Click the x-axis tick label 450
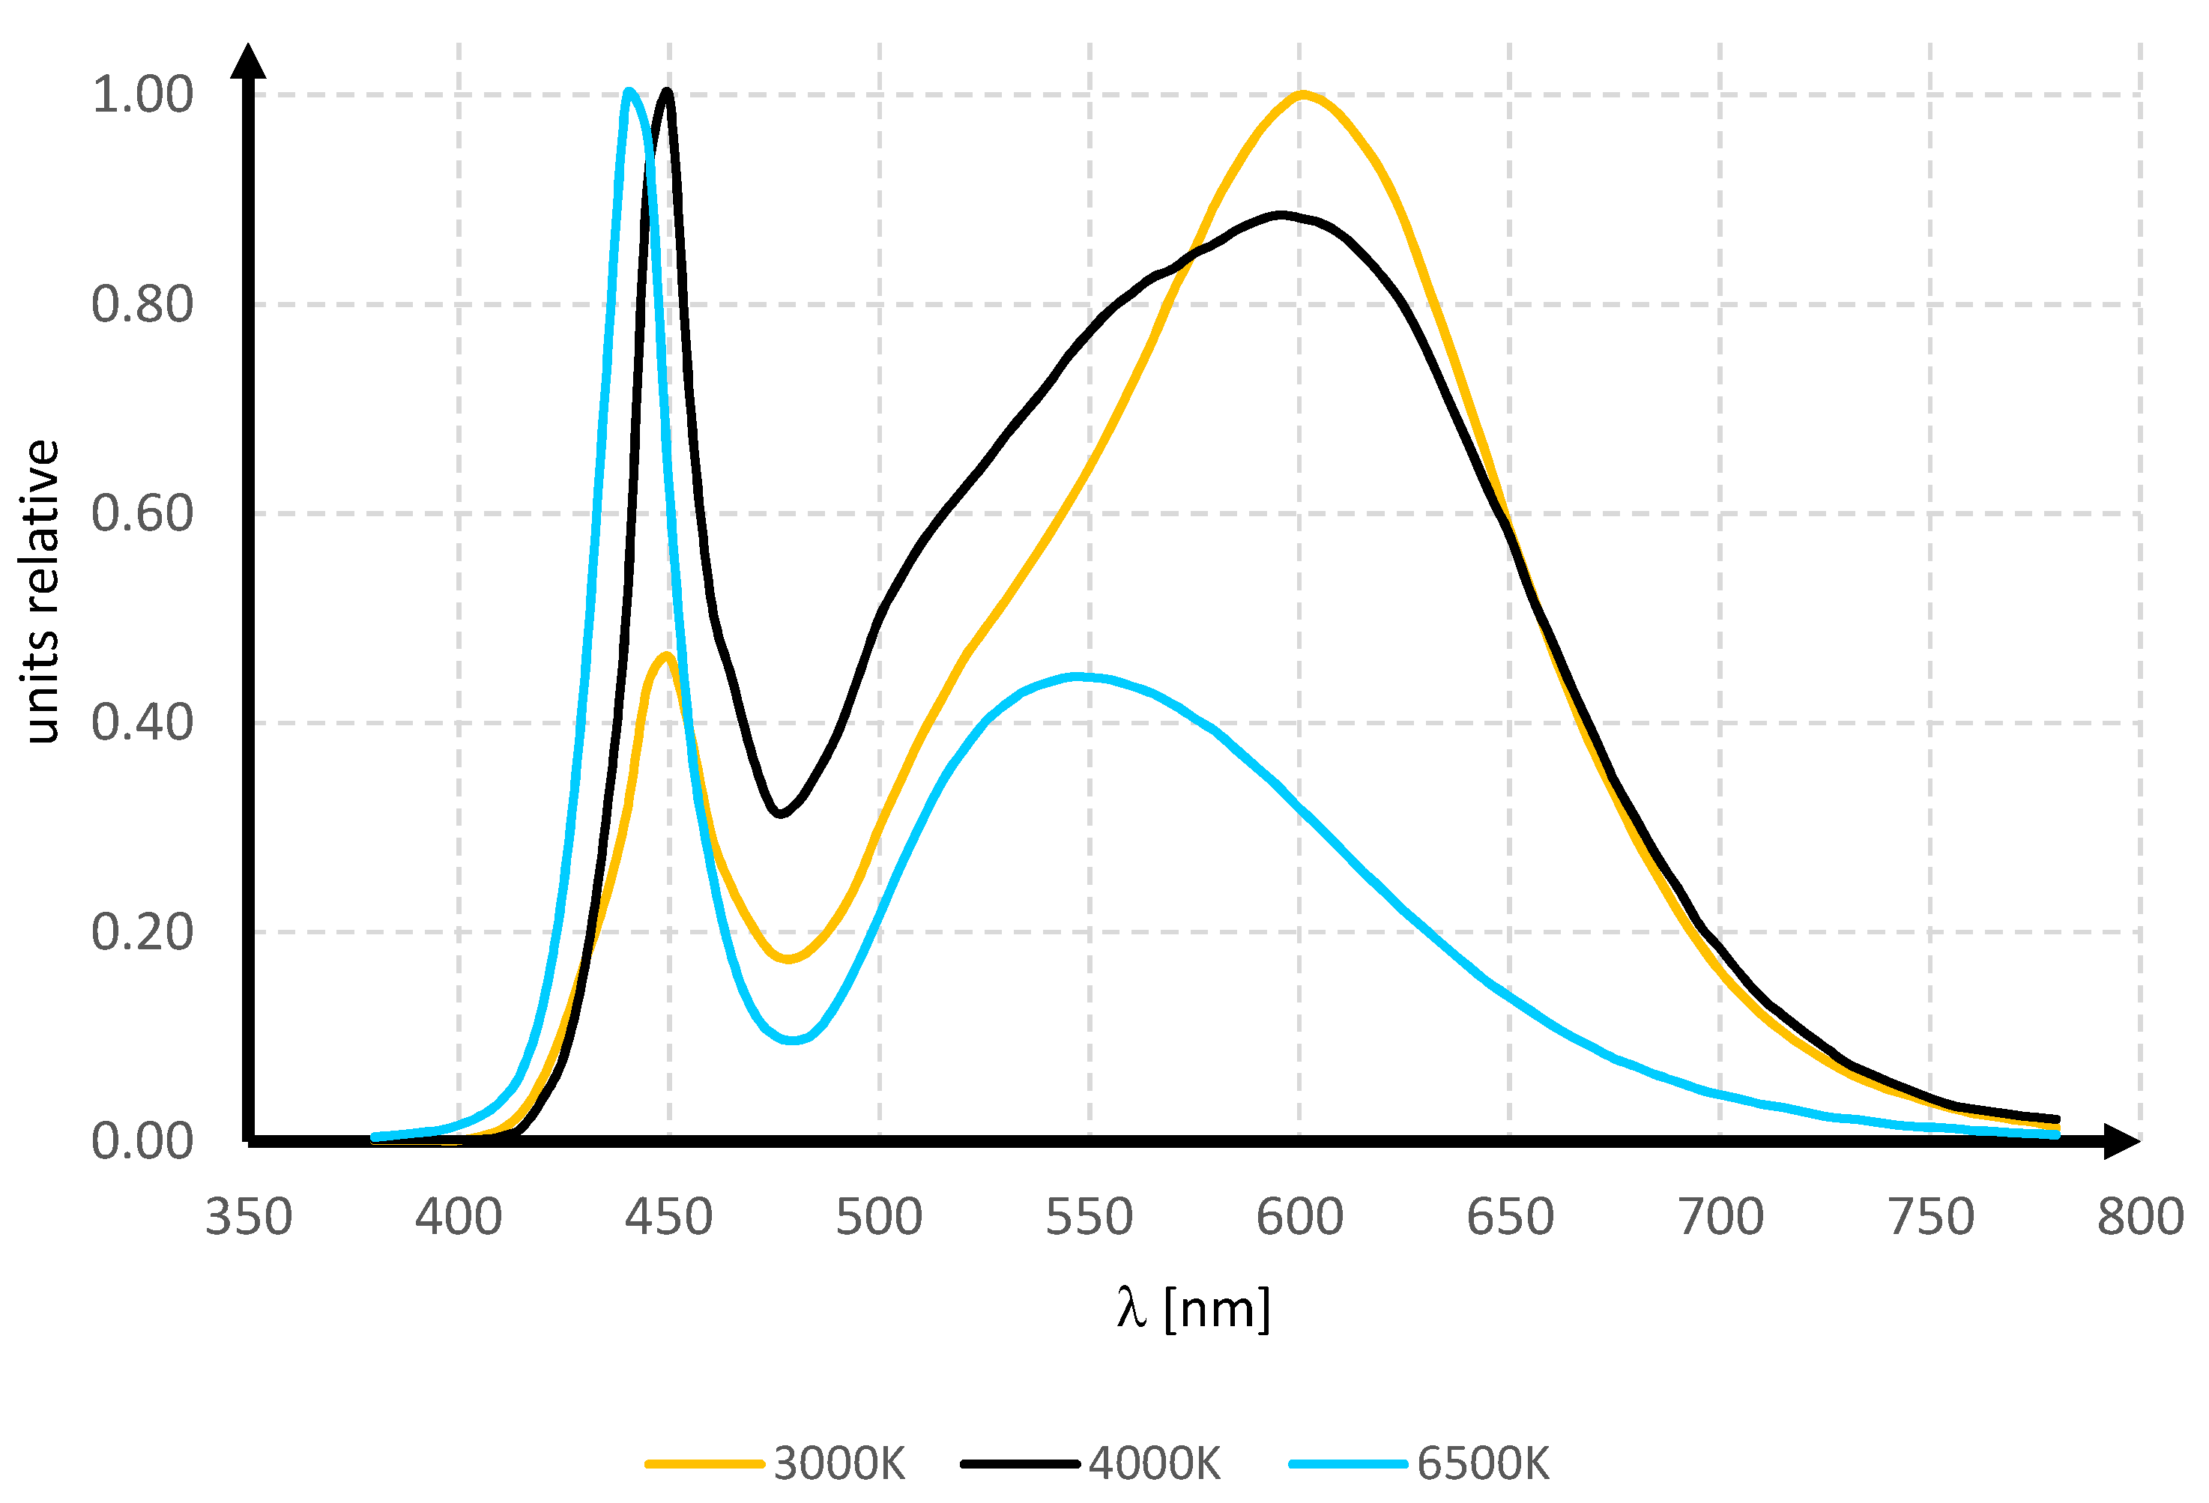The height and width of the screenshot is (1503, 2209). point(668,1217)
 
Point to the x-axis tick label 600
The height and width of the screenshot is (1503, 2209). point(1299,1217)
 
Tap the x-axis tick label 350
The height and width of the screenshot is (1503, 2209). point(248,1217)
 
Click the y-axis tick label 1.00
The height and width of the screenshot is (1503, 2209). point(142,95)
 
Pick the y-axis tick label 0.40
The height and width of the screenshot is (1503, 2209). point(142,722)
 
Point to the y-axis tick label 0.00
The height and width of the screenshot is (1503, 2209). point(142,1141)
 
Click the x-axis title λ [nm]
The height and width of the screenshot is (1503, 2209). point(1193,1309)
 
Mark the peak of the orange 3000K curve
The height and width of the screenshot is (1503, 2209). point(1302,94)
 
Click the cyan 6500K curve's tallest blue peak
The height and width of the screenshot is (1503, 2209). point(628,91)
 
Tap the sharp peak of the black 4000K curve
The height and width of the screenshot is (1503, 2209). point(667,91)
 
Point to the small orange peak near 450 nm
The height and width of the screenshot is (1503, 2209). point(666,655)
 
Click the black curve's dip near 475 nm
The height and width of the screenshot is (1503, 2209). point(779,814)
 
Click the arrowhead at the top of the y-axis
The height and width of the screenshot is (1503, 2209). point(248,61)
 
